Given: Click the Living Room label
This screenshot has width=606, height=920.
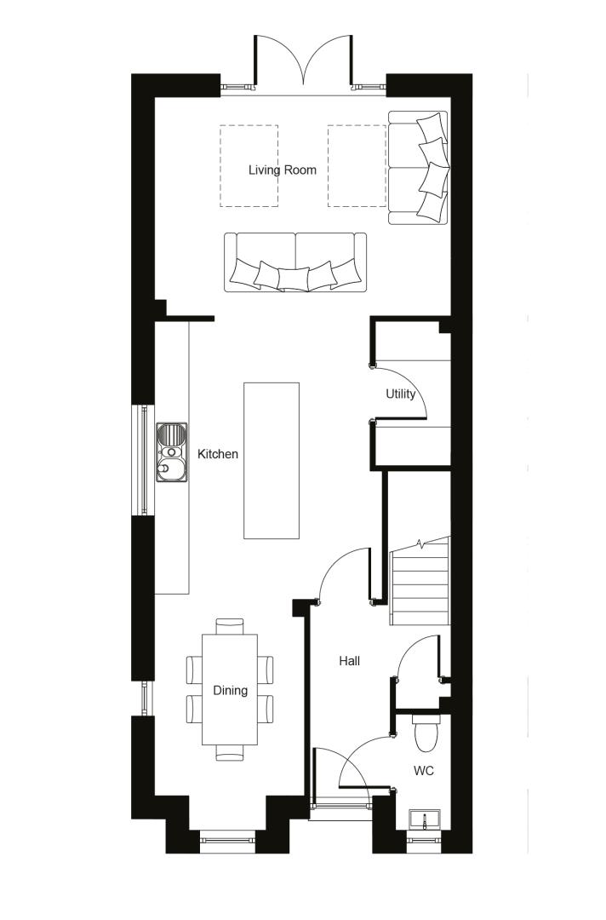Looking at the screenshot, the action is [282, 170].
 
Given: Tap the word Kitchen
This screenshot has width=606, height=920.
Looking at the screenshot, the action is [217, 453].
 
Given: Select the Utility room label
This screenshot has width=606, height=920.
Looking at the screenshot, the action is [400, 394].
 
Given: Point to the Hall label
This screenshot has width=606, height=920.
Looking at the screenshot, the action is [349, 661].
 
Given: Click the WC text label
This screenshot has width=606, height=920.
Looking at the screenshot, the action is [423, 770].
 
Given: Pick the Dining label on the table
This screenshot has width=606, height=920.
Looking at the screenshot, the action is [230, 690].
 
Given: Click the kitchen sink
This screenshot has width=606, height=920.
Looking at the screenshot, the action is [172, 451].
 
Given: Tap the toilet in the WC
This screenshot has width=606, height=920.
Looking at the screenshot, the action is [426, 732].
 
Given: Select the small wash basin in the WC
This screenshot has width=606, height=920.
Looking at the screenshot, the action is [425, 819].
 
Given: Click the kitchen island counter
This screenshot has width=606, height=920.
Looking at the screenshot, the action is [272, 461].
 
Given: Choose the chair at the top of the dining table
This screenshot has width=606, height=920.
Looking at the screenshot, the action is [230, 626].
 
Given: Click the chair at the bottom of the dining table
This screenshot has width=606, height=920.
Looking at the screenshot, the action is [230, 753].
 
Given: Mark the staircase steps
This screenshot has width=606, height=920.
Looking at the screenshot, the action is [419, 581].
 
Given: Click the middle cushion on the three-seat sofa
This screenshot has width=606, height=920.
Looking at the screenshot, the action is [293, 279].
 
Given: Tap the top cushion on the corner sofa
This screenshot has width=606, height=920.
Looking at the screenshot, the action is [432, 126].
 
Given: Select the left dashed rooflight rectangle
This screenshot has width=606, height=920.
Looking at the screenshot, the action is [249, 165].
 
